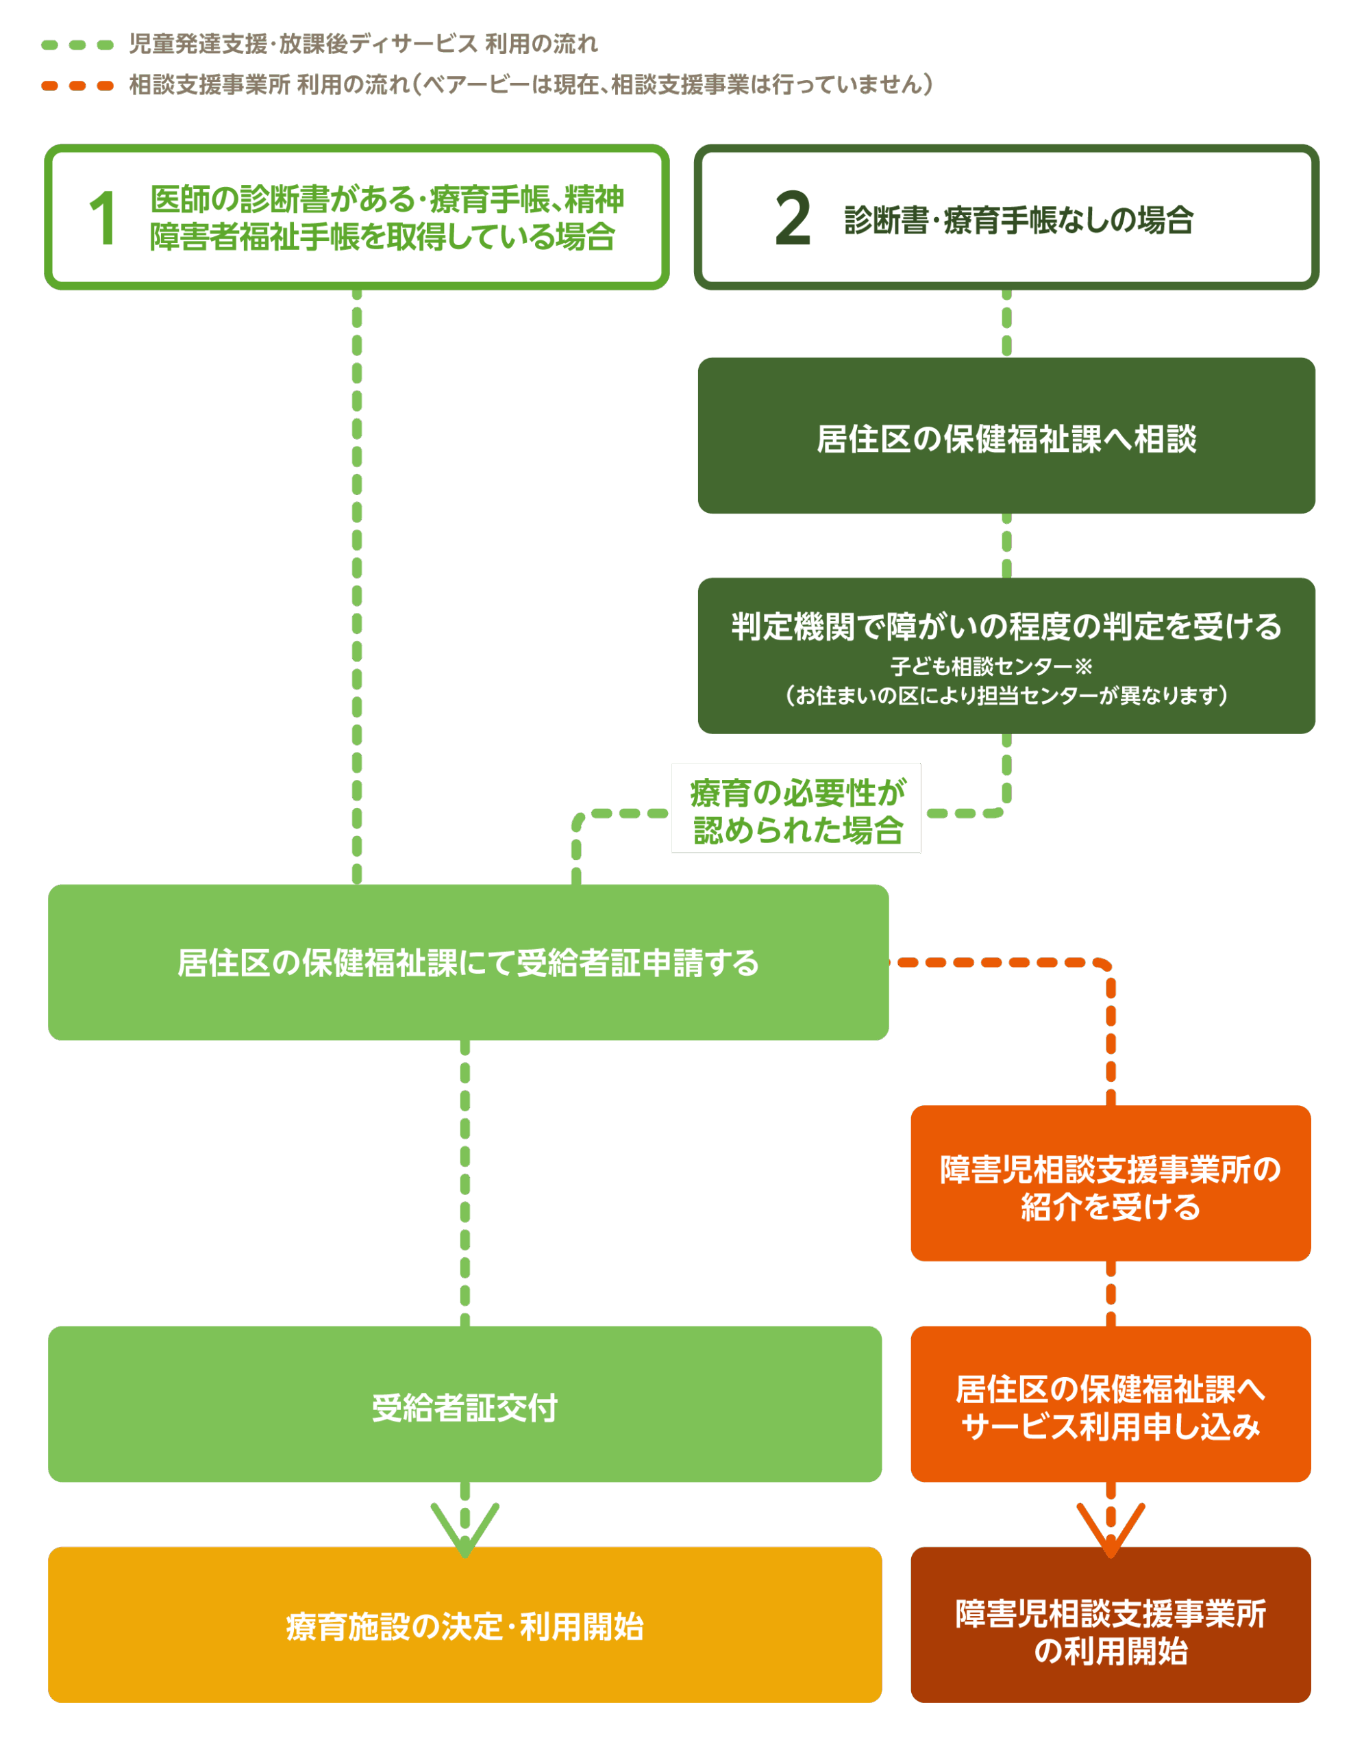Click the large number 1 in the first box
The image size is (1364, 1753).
103,218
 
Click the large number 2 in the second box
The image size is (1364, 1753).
793,218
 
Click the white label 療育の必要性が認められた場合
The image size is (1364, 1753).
796,809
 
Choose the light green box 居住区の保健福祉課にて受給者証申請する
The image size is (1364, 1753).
468,962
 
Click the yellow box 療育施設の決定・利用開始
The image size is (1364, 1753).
465,1626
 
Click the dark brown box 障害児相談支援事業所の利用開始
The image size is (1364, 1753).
1111,1626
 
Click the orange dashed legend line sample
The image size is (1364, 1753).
77,86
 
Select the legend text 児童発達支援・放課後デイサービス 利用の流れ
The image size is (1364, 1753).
364,44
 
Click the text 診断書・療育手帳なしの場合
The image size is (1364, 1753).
1019,220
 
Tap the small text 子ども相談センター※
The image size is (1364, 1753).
991,666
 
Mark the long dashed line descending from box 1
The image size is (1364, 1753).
357,586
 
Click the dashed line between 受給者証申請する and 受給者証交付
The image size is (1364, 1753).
465,1184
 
